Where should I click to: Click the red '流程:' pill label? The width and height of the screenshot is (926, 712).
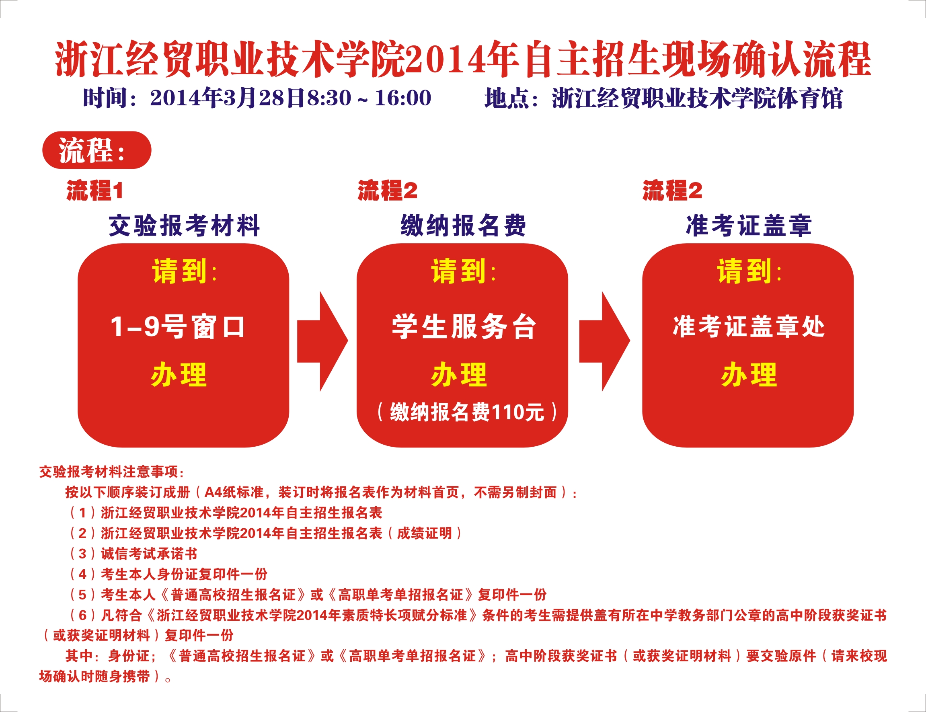(x=97, y=150)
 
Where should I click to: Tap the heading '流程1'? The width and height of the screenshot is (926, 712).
(x=95, y=190)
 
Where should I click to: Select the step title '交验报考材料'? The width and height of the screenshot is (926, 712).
(x=184, y=226)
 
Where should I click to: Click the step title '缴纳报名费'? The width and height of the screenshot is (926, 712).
(x=463, y=226)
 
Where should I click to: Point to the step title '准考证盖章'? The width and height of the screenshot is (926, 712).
(x=749, y=226)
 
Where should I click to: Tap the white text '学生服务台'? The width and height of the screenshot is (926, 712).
(x=464, y=327)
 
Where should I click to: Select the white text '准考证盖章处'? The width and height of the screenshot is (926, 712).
(x=749, y=327)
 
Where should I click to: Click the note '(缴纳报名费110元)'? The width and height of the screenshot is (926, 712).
(x=466, y=412)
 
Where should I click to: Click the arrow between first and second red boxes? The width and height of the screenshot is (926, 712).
(x=322, y=341)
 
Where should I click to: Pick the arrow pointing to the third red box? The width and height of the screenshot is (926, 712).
(x=605, y=341)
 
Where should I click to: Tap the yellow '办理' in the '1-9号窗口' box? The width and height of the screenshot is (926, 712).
(x=179, y=375)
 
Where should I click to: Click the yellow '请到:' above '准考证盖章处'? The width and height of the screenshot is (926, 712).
(x=749, y=271)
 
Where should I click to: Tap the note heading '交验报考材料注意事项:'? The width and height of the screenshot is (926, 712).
(x=111, y=472)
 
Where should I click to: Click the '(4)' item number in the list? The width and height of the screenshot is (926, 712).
(x=83, y=574)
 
